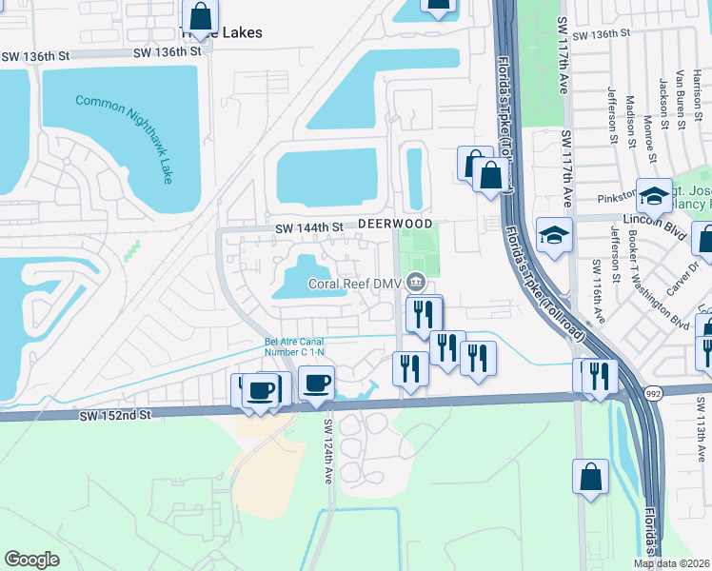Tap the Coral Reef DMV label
tap(354, 283)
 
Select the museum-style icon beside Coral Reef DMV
tap(416, 282)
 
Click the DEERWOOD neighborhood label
tap(388, 223)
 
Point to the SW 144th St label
tap(308, 228)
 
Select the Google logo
tap(32, 559)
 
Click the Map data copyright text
tap(671, 563)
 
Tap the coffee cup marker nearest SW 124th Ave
tap(317, 384)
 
